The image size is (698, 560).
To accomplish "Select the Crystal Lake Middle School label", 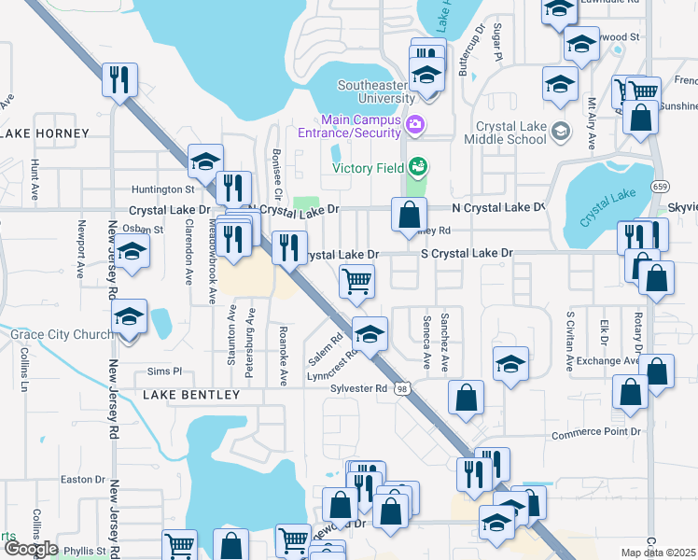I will pyautogui.click(x=510, y=133).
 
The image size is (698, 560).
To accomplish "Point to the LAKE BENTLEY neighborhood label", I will pyautogui.click(x=191, y=395).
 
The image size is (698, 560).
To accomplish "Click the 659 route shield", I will pyautogui.click(x=660, y=185).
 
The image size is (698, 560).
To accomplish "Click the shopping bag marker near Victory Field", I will pyautogui.click(x=409, y=215).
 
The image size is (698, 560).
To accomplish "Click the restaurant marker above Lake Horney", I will pyautogui.click(x=119, y=79).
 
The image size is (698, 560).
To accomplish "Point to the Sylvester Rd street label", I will pyautogui.click(x=355, y=388).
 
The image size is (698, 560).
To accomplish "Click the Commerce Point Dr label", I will pyautogui.click(x=596, y=433).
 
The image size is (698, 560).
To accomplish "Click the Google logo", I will pyautogui.click(x=31, y=549).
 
